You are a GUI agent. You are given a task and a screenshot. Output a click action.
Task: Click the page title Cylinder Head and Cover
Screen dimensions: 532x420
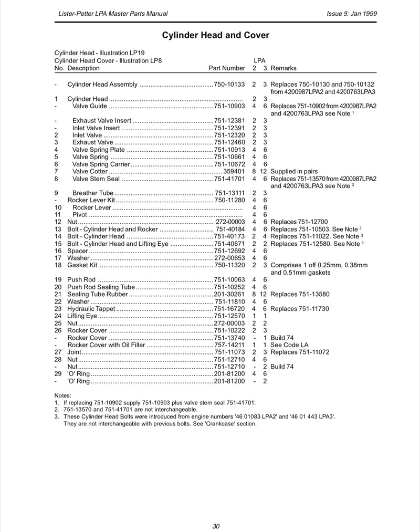click(x=215, y=36)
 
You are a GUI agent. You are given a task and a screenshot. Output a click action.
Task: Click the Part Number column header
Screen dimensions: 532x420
click(x=227, y=68)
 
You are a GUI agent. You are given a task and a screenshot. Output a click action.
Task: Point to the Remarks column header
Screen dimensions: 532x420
click(x=283, y=68)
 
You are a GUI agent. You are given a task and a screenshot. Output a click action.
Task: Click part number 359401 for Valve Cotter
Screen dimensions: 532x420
click(x=234, y=171)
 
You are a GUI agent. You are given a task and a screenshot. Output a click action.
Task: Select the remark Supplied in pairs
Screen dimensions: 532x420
click(x=294, y=171)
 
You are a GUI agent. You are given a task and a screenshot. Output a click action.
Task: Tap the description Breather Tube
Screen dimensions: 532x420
click(x=93, y=193)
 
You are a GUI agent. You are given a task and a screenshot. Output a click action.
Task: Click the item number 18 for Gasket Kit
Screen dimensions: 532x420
click(x=58, y=265)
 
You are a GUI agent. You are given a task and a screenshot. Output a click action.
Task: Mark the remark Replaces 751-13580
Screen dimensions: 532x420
click(x=300, y=295)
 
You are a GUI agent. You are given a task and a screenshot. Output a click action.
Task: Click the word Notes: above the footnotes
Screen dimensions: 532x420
click(x=63, y=395)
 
